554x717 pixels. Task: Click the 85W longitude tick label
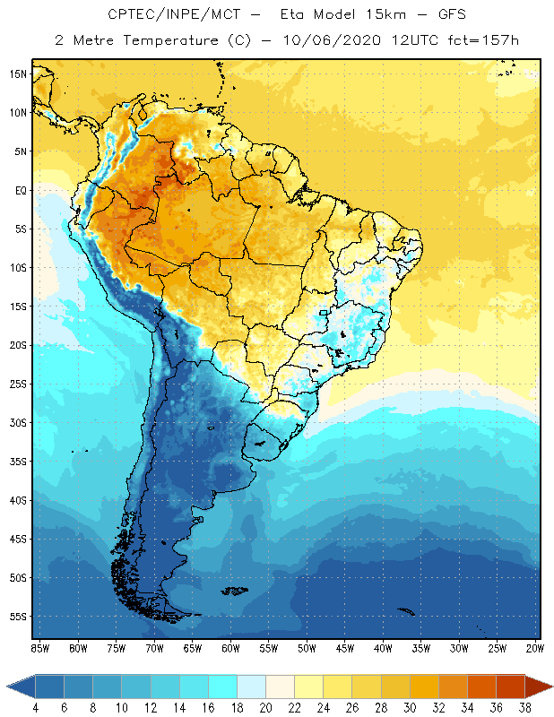[39, 648]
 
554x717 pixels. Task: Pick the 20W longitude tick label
[534, 648]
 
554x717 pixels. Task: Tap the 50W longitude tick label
[307, 648]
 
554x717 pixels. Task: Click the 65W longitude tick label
[192, 648]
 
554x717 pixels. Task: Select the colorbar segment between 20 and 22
[280, 687]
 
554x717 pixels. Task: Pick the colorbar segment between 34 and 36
[481, 687]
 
